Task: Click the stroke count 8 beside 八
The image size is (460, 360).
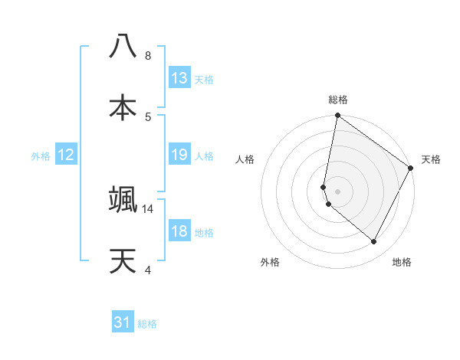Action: [x=148, y=56]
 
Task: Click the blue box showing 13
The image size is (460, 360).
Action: [x=179, y=78]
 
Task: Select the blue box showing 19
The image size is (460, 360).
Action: [x=179, y=155]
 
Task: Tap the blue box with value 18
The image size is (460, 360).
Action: [x=179, y=231]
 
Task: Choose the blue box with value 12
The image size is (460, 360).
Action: [x=66, y=155]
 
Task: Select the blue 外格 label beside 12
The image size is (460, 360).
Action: [x=41, y=156]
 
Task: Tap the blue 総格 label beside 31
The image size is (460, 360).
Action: [x=147, y=324]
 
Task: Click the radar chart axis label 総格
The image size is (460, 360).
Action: [x=338, y=100]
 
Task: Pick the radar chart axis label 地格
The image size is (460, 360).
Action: [x=402, y=263]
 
